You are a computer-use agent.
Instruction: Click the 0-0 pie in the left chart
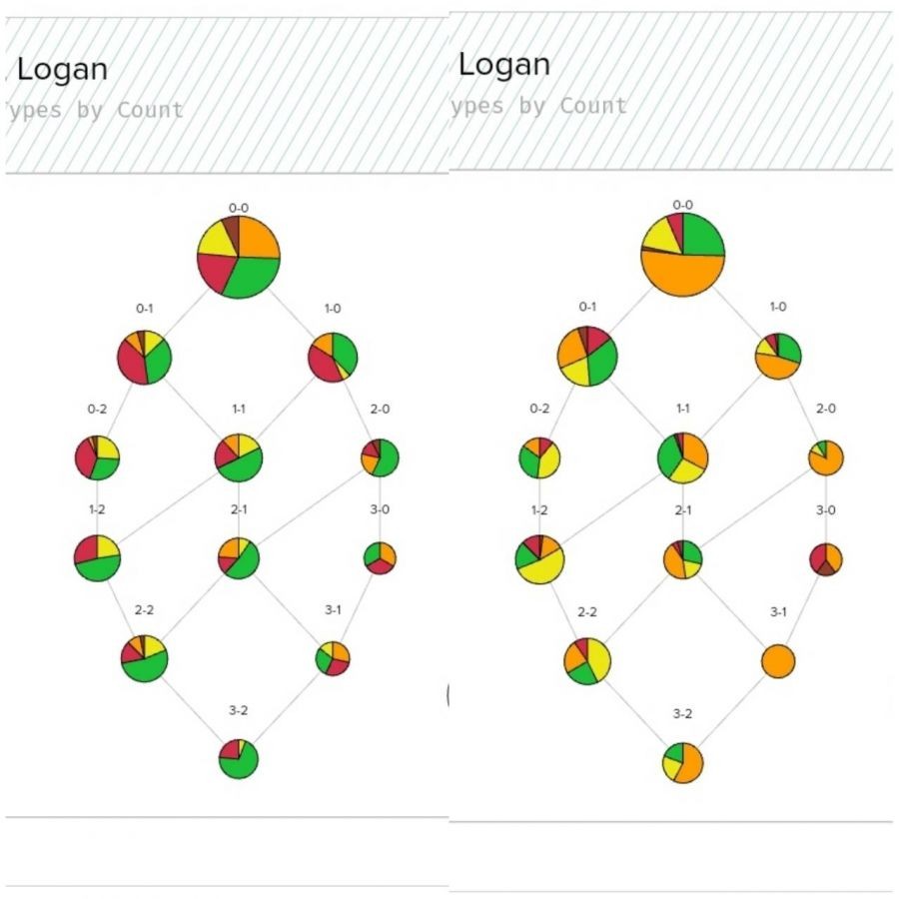click(238, 256)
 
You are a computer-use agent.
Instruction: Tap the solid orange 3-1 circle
click(777, 661)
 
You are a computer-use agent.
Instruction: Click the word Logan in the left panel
click(63, 70)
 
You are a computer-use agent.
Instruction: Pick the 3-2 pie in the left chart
click(239, 759)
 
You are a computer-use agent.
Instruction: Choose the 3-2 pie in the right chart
click(682, 763)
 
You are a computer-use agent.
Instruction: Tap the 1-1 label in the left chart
click(239, 409)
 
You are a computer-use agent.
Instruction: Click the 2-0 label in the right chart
click(825, 409)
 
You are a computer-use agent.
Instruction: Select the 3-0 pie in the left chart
click(379, 556)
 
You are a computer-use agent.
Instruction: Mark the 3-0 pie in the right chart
click(825, 558)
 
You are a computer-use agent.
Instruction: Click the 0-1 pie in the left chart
click(145, 356)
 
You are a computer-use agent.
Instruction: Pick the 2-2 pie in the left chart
click(145, 657)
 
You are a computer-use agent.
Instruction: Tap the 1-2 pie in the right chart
click(540, 559)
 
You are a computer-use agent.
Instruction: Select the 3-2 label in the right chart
click(682, 713)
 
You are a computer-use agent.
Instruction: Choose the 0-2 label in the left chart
click(97, 409)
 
